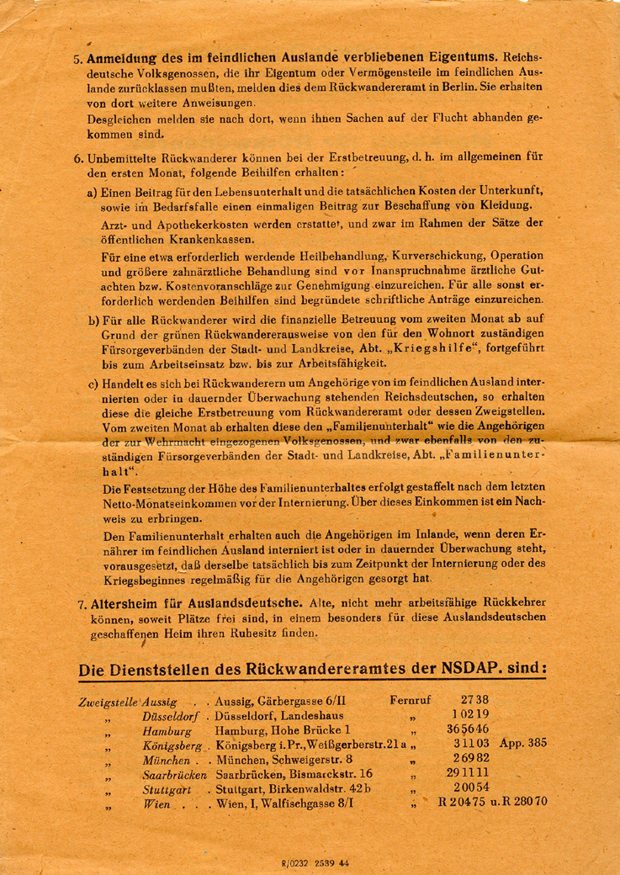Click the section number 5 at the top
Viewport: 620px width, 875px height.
tap(77, 60)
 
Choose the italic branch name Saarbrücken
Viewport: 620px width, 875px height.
tap(175, 774)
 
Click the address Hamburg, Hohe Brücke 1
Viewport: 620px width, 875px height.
tap(282, 731)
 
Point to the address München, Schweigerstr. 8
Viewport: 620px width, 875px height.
tap(284, 760)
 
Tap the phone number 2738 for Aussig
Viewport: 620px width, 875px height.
tap(474, 700)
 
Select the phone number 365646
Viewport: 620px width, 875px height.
tap(468, 730)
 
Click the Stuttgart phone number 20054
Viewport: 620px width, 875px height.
tap(470, 788)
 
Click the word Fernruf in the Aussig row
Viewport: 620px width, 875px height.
tap(412, 700)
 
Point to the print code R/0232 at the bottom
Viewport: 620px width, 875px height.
tap(294, 862)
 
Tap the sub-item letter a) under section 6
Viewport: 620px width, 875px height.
tap(93, 192)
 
